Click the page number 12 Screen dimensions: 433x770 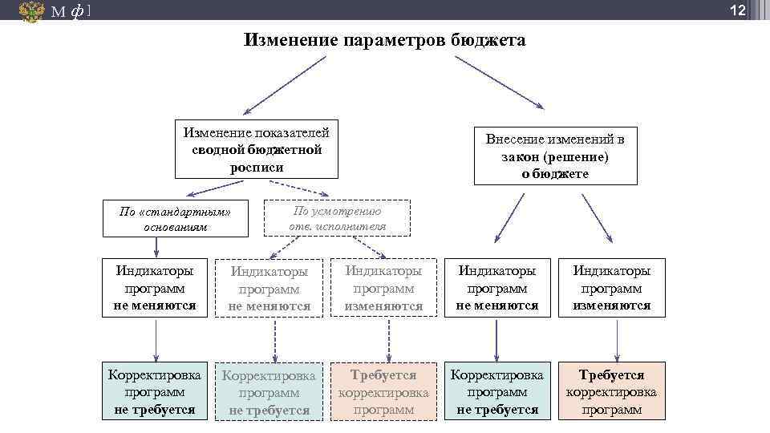(738, 10)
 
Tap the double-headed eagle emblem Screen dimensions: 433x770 (32, 11)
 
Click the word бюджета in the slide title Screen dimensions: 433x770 (487, 40)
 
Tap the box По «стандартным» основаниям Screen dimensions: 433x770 (175, 219)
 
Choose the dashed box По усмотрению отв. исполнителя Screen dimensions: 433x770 (337, 218)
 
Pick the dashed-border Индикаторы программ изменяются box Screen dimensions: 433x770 (383, 288)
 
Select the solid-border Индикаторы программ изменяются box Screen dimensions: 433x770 (611, 288)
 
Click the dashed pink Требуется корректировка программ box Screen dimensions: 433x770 (383, 391)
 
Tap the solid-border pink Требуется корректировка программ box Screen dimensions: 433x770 (611, 391)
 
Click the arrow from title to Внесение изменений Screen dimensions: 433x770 (499, 82)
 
